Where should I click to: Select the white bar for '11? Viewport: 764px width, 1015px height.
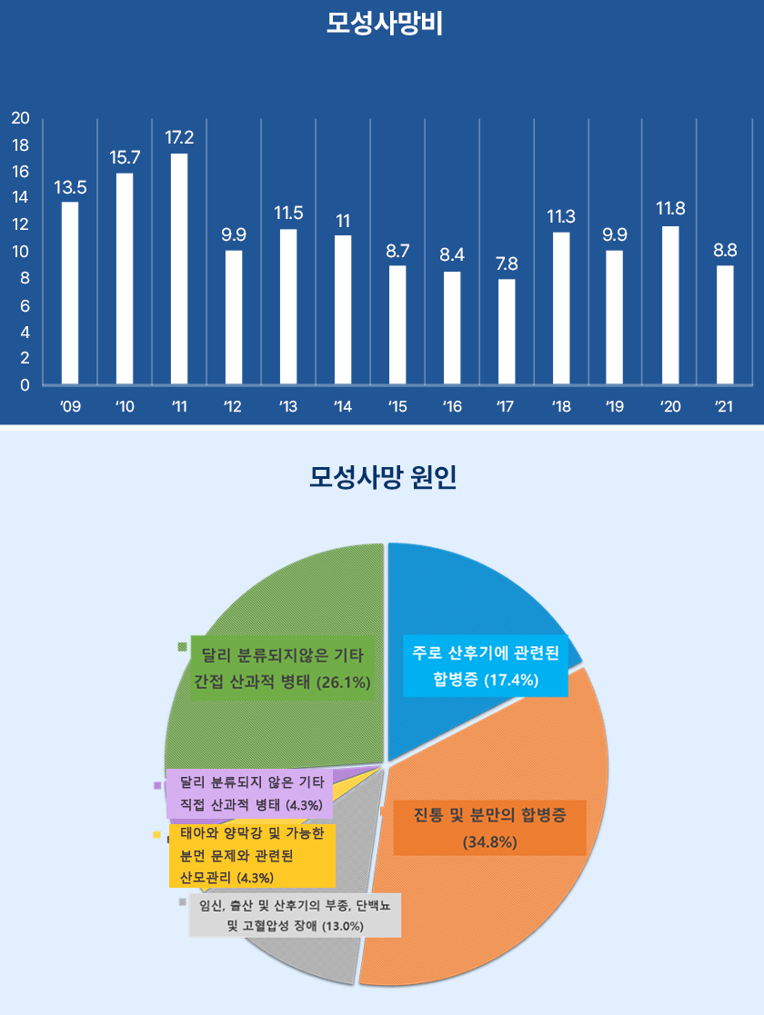179,268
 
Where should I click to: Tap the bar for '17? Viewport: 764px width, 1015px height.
507,331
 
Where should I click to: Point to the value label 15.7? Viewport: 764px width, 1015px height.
125,157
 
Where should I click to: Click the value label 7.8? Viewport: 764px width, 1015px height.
507,264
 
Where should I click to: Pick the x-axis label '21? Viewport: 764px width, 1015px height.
724,407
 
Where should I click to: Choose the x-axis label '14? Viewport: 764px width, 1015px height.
343,407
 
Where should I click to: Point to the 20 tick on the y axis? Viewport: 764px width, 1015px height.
21,118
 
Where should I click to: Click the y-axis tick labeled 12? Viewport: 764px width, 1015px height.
21,224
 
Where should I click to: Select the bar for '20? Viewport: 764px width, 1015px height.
670,304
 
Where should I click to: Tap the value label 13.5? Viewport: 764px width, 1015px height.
70,187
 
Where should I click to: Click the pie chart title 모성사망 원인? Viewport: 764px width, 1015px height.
383,476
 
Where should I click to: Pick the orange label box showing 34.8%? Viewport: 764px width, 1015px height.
489,827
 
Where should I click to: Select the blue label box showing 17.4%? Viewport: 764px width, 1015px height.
486,665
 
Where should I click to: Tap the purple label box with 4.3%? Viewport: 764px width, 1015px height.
248,792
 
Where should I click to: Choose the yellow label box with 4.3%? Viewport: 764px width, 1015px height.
252,855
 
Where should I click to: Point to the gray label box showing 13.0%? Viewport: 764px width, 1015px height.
295,916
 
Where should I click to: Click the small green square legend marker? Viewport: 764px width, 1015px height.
182,647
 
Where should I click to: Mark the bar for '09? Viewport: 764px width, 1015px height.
70,293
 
